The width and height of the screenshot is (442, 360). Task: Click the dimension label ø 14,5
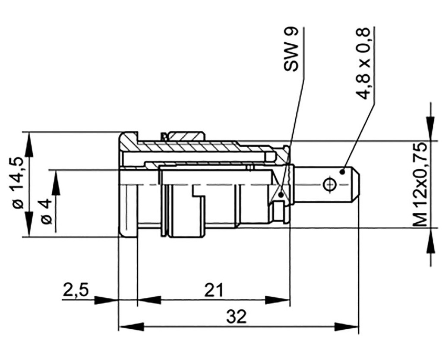(17, 183)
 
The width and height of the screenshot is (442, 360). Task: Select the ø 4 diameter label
(46, 212)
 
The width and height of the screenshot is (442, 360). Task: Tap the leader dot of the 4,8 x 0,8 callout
(342, 172)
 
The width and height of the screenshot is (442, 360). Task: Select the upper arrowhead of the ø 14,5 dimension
(29, 145)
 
